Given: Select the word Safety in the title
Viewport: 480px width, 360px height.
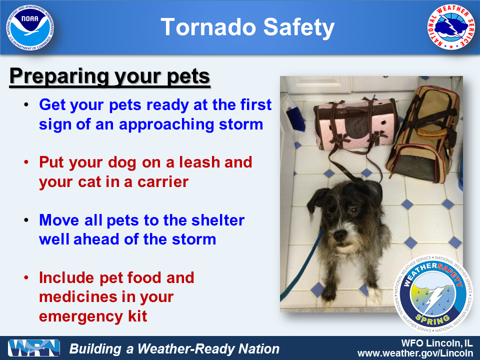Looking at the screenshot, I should click(x=297, y=28).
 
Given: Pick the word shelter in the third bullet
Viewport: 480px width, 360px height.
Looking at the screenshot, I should click(x=214, y=220).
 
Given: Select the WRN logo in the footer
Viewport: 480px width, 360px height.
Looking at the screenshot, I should click(x=34, y=348).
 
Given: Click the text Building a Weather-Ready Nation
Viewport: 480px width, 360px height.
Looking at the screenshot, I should click(x=174, y=348).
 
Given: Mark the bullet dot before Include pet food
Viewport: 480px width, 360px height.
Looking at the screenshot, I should click(x=26, y=278).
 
